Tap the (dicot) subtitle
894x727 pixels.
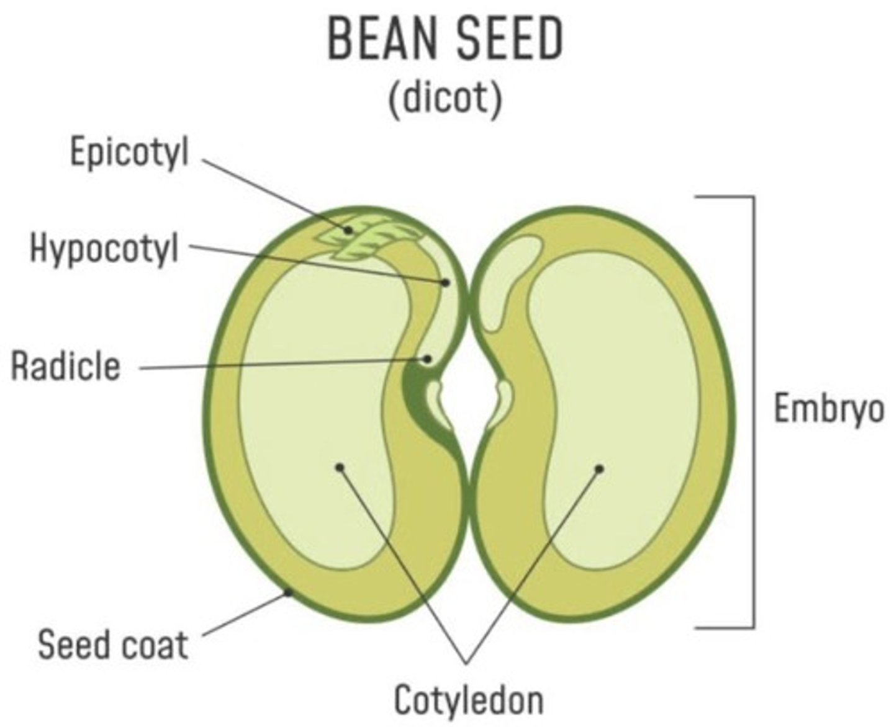pos(445,97)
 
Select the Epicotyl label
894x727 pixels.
pos(129,153)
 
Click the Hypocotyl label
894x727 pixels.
pos(104,248)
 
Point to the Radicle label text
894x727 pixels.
pos(66,366)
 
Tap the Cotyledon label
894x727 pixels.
pos(469,700)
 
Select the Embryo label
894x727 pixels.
pos(828,409)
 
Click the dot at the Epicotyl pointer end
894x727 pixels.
pos(349,230)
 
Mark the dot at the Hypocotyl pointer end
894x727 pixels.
pos(445,282)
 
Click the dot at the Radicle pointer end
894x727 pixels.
pos(427,359)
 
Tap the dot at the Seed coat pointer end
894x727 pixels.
pos(288,593)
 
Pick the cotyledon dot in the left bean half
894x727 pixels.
pos(338,466)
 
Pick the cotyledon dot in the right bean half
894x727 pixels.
pos(599,469)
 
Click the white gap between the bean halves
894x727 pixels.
pos(468,397)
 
